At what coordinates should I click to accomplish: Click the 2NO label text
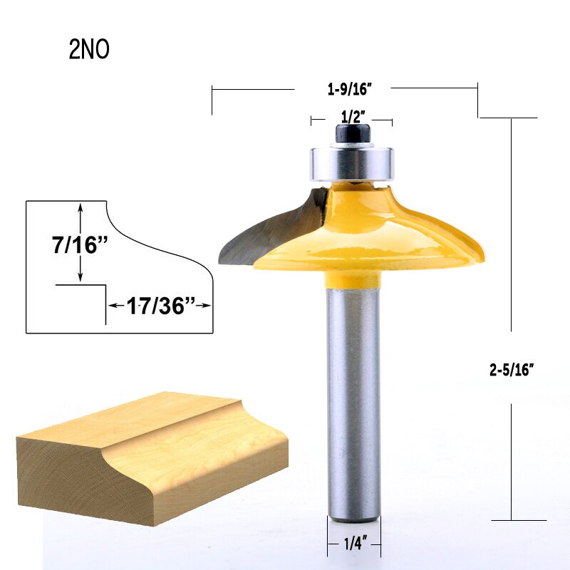point(89,50)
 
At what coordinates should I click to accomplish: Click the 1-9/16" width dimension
point(350,89)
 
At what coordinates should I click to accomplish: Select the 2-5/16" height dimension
point(512,370)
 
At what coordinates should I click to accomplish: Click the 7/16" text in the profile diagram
point(80,244)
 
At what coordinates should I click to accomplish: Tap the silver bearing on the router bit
point(351,163)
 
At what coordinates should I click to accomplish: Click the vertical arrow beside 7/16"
point(81,214)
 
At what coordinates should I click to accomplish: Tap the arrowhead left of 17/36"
point(112,306)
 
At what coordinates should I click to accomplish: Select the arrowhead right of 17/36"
point(208,306)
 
